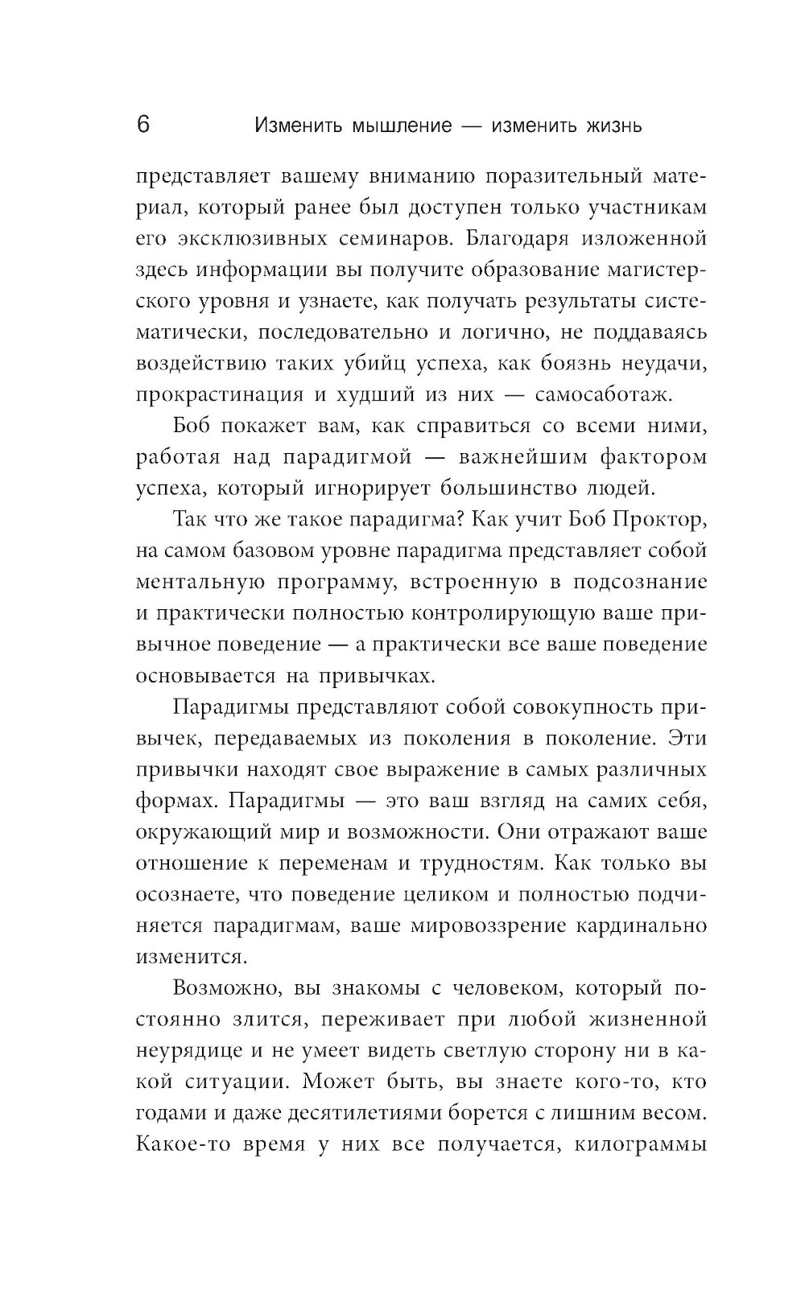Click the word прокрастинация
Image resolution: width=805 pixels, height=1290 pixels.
pos(219,395)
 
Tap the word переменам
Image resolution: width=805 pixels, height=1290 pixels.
pos(333,863)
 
